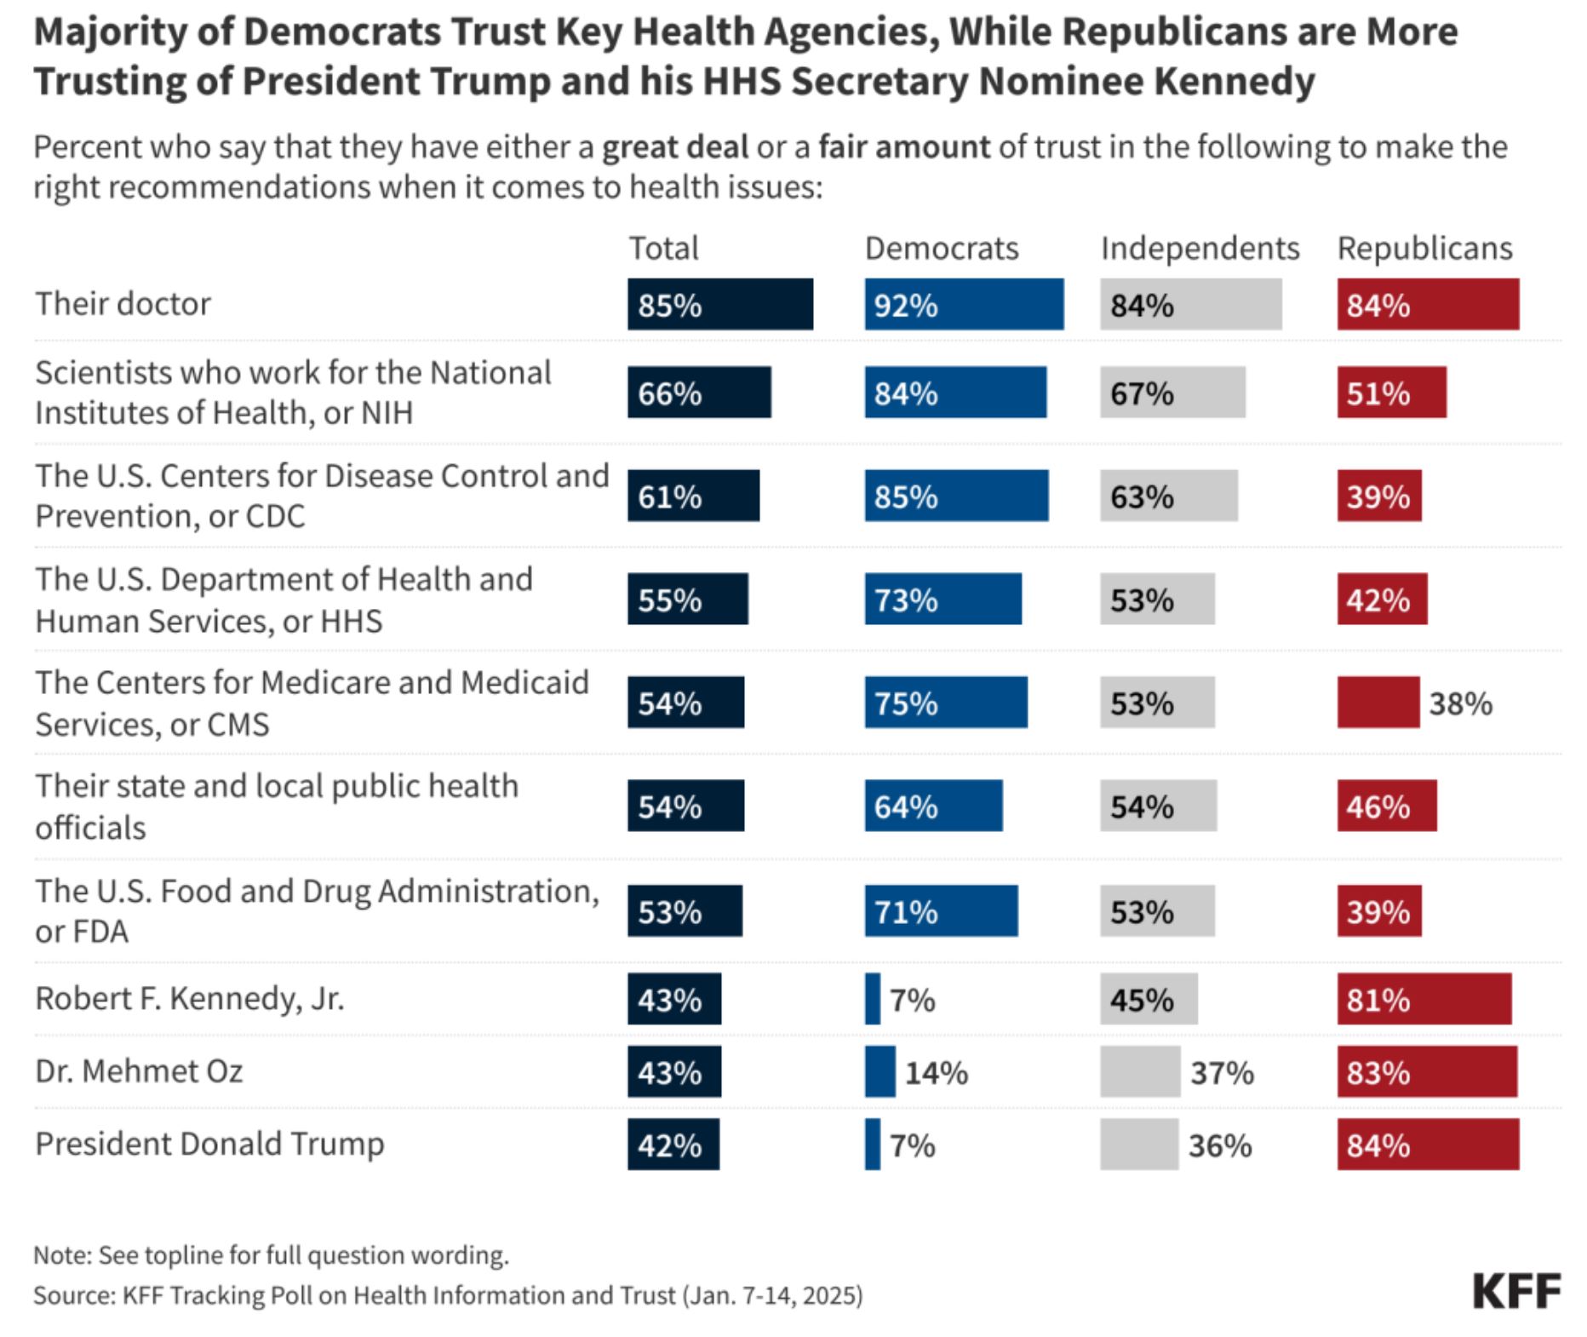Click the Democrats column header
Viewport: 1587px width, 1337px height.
[x=942, y=248]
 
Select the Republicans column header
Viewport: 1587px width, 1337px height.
[x=1424, y=248]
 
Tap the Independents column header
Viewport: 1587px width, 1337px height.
[x=1200, y=248]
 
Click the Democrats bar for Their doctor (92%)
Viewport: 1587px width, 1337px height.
[x=964, y=304]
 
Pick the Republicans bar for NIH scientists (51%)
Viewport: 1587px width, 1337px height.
[x=1391, y=392]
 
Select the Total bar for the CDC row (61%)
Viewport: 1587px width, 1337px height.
[x=693, y=496]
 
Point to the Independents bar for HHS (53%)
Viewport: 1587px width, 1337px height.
[x=1157, y=599]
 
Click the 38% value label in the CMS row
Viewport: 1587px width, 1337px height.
[x=1460, y=703]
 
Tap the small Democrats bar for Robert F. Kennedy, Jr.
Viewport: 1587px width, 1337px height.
[x=873, y=999]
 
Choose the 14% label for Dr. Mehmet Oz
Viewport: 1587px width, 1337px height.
[x=936, y=1073]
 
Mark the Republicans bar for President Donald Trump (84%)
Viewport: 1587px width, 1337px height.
[x=1428, y=1145]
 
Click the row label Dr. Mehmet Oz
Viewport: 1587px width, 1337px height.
[x=139, y=1070]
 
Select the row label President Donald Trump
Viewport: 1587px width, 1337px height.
[x=209, y=1144]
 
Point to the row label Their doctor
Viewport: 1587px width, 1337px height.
[x=123, y=303]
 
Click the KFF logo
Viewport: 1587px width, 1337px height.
[x=1516, y=1291]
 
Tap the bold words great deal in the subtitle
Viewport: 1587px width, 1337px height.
[x=675, y=147]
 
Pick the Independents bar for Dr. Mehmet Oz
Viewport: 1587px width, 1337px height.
[x=1140, y=1071]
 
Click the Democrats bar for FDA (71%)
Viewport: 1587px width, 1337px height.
[x=941, y=910]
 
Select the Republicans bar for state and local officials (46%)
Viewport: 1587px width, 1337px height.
[x=1387, y=806]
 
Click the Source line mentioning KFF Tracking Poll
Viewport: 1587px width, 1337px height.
[x=448, y=1295]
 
